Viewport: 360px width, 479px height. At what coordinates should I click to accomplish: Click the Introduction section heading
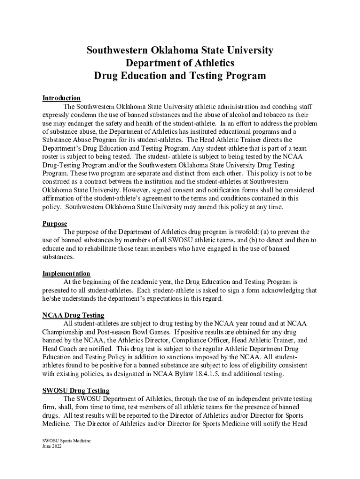(x=61, y=98)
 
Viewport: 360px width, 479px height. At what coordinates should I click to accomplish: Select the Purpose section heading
(x=55, y=224)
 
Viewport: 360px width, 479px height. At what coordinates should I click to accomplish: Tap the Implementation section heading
(x=66, y=274)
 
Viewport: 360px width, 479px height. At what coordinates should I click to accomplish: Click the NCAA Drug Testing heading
(x=73, y=316)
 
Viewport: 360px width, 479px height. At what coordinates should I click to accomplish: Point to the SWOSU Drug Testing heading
(x=76, y=391)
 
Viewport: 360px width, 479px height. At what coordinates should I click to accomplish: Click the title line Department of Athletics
(x=180, y=63)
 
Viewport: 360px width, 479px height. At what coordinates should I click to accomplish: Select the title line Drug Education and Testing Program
(x=180, y=76)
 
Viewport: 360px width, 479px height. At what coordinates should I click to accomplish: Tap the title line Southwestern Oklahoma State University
(x=180, y=50)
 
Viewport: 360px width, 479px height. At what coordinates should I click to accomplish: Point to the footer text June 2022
(x=52, y=446)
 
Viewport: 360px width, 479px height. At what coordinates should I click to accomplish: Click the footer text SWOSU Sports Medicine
(x=66, y=441)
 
